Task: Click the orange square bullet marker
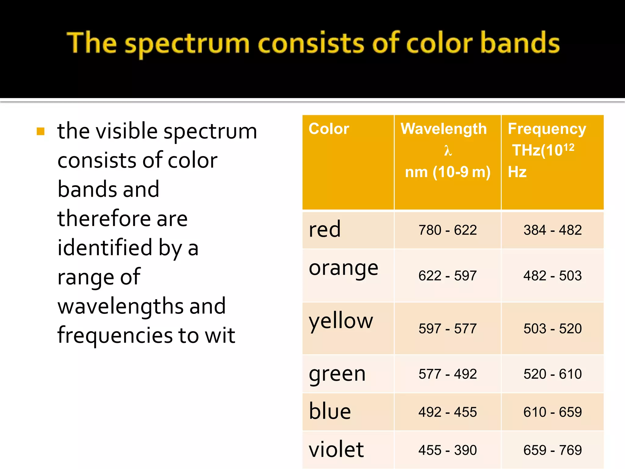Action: tap(41, 131)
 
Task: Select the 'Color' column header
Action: tap(329, 129)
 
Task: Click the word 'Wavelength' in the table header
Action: tap(443, 129)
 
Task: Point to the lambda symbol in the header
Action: tap(448, 151)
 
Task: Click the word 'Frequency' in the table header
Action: tap(547, 129)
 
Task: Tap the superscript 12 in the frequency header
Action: tap(569, 147)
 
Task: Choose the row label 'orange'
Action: tap(343, 269)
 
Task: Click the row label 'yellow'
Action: tap(341, 321)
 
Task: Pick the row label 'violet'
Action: tap(336, 449)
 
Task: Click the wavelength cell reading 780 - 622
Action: tap(447, 230)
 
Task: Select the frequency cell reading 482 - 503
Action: tap(552, 276)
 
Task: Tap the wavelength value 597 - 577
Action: tap(447, 329)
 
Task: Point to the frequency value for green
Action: tap(552, 374)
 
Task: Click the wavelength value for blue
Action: tap(447, 412)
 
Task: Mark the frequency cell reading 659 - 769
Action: tap(552, 450)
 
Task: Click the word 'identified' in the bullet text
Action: tap(105, 247)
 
